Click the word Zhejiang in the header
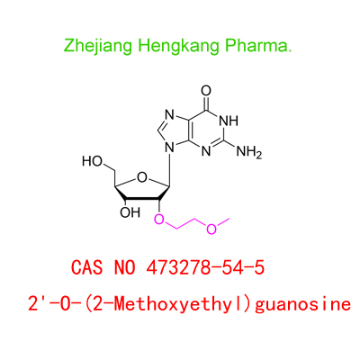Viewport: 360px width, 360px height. [x=98, y=46]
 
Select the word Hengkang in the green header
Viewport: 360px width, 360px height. [x=178, y=46]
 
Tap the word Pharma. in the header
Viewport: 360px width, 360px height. [x=258, y=46]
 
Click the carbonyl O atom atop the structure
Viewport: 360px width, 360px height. [x=206, y=91]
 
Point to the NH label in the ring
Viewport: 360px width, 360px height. [x=229, y=121]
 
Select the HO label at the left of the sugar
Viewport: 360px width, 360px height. [x=93, y=161]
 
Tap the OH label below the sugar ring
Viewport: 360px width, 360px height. [x=130, y=212]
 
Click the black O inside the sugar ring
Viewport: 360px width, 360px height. [x=142, y=177]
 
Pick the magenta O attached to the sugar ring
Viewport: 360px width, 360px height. [x=159, y=220]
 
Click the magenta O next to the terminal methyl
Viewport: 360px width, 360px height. [x=211, y=229]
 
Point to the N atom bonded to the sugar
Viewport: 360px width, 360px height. [x=170, y=148]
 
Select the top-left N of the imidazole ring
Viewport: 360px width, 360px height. [x=169, y=115]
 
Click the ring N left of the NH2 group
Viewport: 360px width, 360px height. [x=206, y=151]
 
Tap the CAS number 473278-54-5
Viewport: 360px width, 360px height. [x=205, y=267]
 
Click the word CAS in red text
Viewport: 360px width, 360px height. [x=87, y=267]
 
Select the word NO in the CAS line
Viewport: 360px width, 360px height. [x=124, y=267]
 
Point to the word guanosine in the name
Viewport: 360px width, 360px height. [x=302, y=304]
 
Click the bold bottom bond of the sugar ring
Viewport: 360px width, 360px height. [x=142, y=199]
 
